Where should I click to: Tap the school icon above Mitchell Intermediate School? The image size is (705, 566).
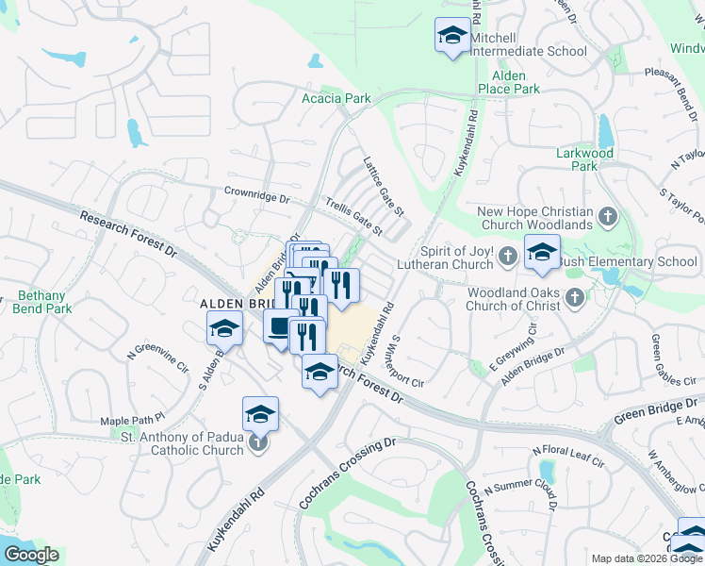point(452,37)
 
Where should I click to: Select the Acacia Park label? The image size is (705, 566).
point(336,98)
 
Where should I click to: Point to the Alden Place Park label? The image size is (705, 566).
point(508,82)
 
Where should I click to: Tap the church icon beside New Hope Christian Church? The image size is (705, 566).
point(609,218)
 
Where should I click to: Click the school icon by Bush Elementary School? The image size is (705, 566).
point(542,252)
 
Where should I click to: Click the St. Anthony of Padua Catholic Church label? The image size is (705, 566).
point(182,442)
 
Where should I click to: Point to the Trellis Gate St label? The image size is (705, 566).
point(353,216)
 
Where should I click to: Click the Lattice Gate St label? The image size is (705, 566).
point(384,185)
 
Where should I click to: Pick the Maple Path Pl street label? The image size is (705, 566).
point(133,416)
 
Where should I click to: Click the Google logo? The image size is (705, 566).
point(31,555)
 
